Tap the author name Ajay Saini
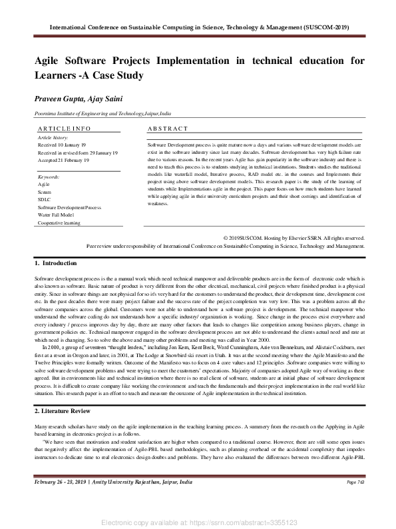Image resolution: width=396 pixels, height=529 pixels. click(105, 99)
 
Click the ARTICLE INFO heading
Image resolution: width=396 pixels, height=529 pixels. click(64, 128)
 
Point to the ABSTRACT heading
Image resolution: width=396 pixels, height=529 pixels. click(168, 128)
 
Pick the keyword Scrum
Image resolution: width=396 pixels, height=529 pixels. click(45, 192)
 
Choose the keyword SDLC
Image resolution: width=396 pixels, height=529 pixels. click(45, 200)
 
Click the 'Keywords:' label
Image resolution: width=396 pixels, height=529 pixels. click(49, 177)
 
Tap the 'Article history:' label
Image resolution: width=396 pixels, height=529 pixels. click(53, 137)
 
